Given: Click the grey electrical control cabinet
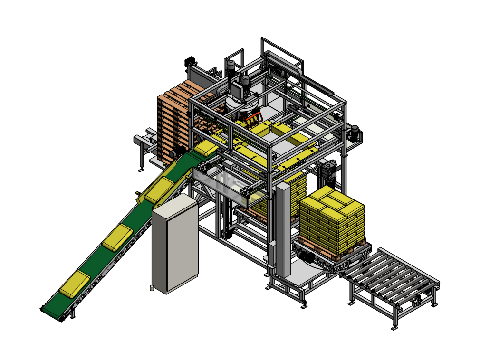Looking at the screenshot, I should pyautogui.click(x=174, y=242).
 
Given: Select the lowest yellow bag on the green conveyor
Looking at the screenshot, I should pyautogui.click(x=75, y=284).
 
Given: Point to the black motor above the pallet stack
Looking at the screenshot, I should pyautogui.click(x=190, y=62).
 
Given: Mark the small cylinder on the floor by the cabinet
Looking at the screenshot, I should pyautogui.click(x=152, y=287).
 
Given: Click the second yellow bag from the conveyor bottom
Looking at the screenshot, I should pyautogui.click(x=117, y=237).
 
